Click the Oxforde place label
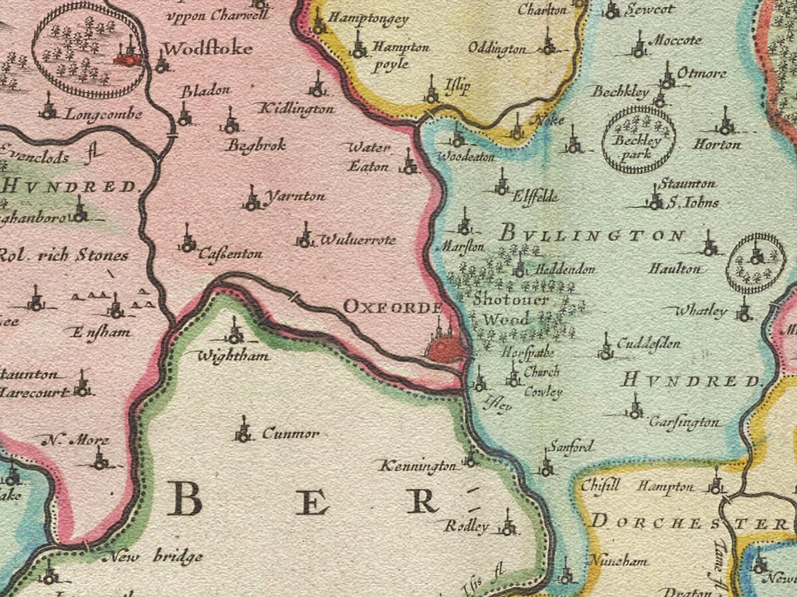pyautogui.click(x=393, y=307)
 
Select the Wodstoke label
pyautogui.click(x=207, y=49)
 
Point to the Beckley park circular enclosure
pyautogui.click(x=638, y=140)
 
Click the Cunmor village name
pyautogui.click(x=290, y=434)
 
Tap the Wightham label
pyautogui.click(x=234, y=356)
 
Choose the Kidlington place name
pyautogui.click(x=296, y=109)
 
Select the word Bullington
pyautogui.click(x=591, y=234)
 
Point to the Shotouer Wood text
pyautogui.click(x=511, y=309)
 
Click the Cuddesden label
pyautogui.click(x=648, y=344)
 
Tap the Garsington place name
pyautogui.click(x=684, y=422)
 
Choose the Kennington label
pyautogui.click(x=418, y=467)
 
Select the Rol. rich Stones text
pyautogui.click(x=63, y=255)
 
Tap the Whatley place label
pyautogui.click(x=701, y=310)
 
